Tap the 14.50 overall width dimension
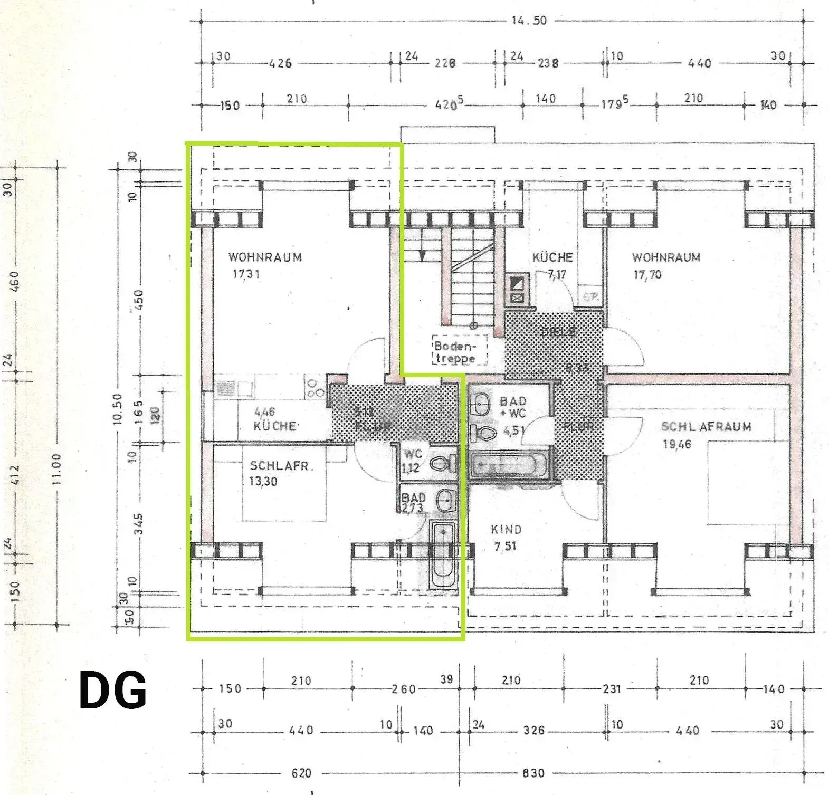point(529,21)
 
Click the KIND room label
point(506,530)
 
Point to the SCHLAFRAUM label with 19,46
point(706,427)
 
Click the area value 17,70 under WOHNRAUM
point(647,275)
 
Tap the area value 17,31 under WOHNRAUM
point(245,274)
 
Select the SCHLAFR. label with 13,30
point(274,466)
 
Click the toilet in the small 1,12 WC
point(442,464)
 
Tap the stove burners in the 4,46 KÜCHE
point(316,388)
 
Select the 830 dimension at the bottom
point(533,773)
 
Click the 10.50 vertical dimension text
point(117,408)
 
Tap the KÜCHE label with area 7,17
point(552,257)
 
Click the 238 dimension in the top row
point(548,63)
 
